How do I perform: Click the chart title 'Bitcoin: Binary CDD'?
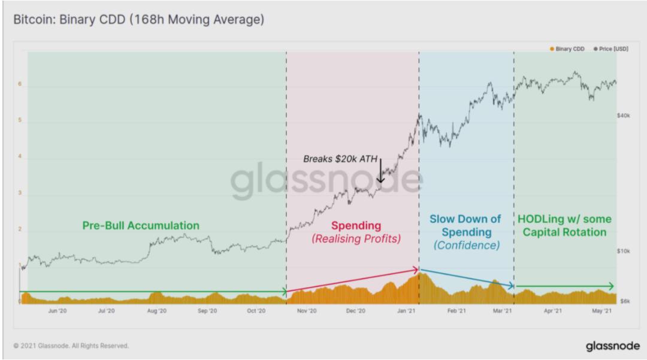click(138, 20)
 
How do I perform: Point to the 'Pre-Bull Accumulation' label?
click(141, 226)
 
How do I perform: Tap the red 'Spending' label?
click(356, 226)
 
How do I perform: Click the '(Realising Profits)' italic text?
click(356, 239)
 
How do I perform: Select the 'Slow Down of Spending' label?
click(465, 225)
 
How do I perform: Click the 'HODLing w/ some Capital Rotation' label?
click(564, 226)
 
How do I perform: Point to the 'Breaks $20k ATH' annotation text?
click(340, 159)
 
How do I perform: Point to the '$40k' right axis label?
click(623, 115)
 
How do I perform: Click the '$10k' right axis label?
click(623, 251)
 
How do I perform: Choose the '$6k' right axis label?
click(624, 301)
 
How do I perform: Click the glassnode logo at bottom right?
click(607, 346)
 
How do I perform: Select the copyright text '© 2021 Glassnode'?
click(71, 346)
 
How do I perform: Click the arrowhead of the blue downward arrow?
click(512, 288)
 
